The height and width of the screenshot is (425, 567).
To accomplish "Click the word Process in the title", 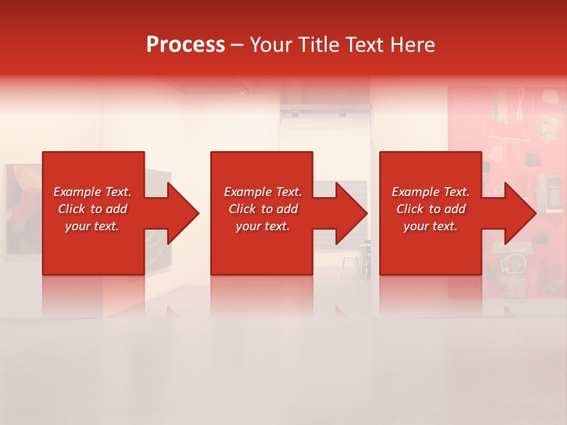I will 185,45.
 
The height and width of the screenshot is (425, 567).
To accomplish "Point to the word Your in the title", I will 269,45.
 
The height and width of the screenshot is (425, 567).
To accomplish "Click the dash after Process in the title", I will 237,45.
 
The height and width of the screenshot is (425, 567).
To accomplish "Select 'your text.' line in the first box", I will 92,226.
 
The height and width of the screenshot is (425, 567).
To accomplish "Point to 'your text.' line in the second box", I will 263,226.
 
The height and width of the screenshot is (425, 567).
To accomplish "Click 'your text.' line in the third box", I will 431,226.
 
